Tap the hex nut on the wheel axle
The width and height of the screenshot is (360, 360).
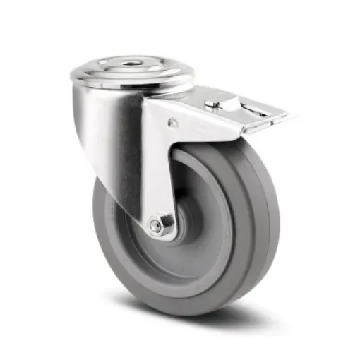point(156,226)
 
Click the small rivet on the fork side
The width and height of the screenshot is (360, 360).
point(172,124)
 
